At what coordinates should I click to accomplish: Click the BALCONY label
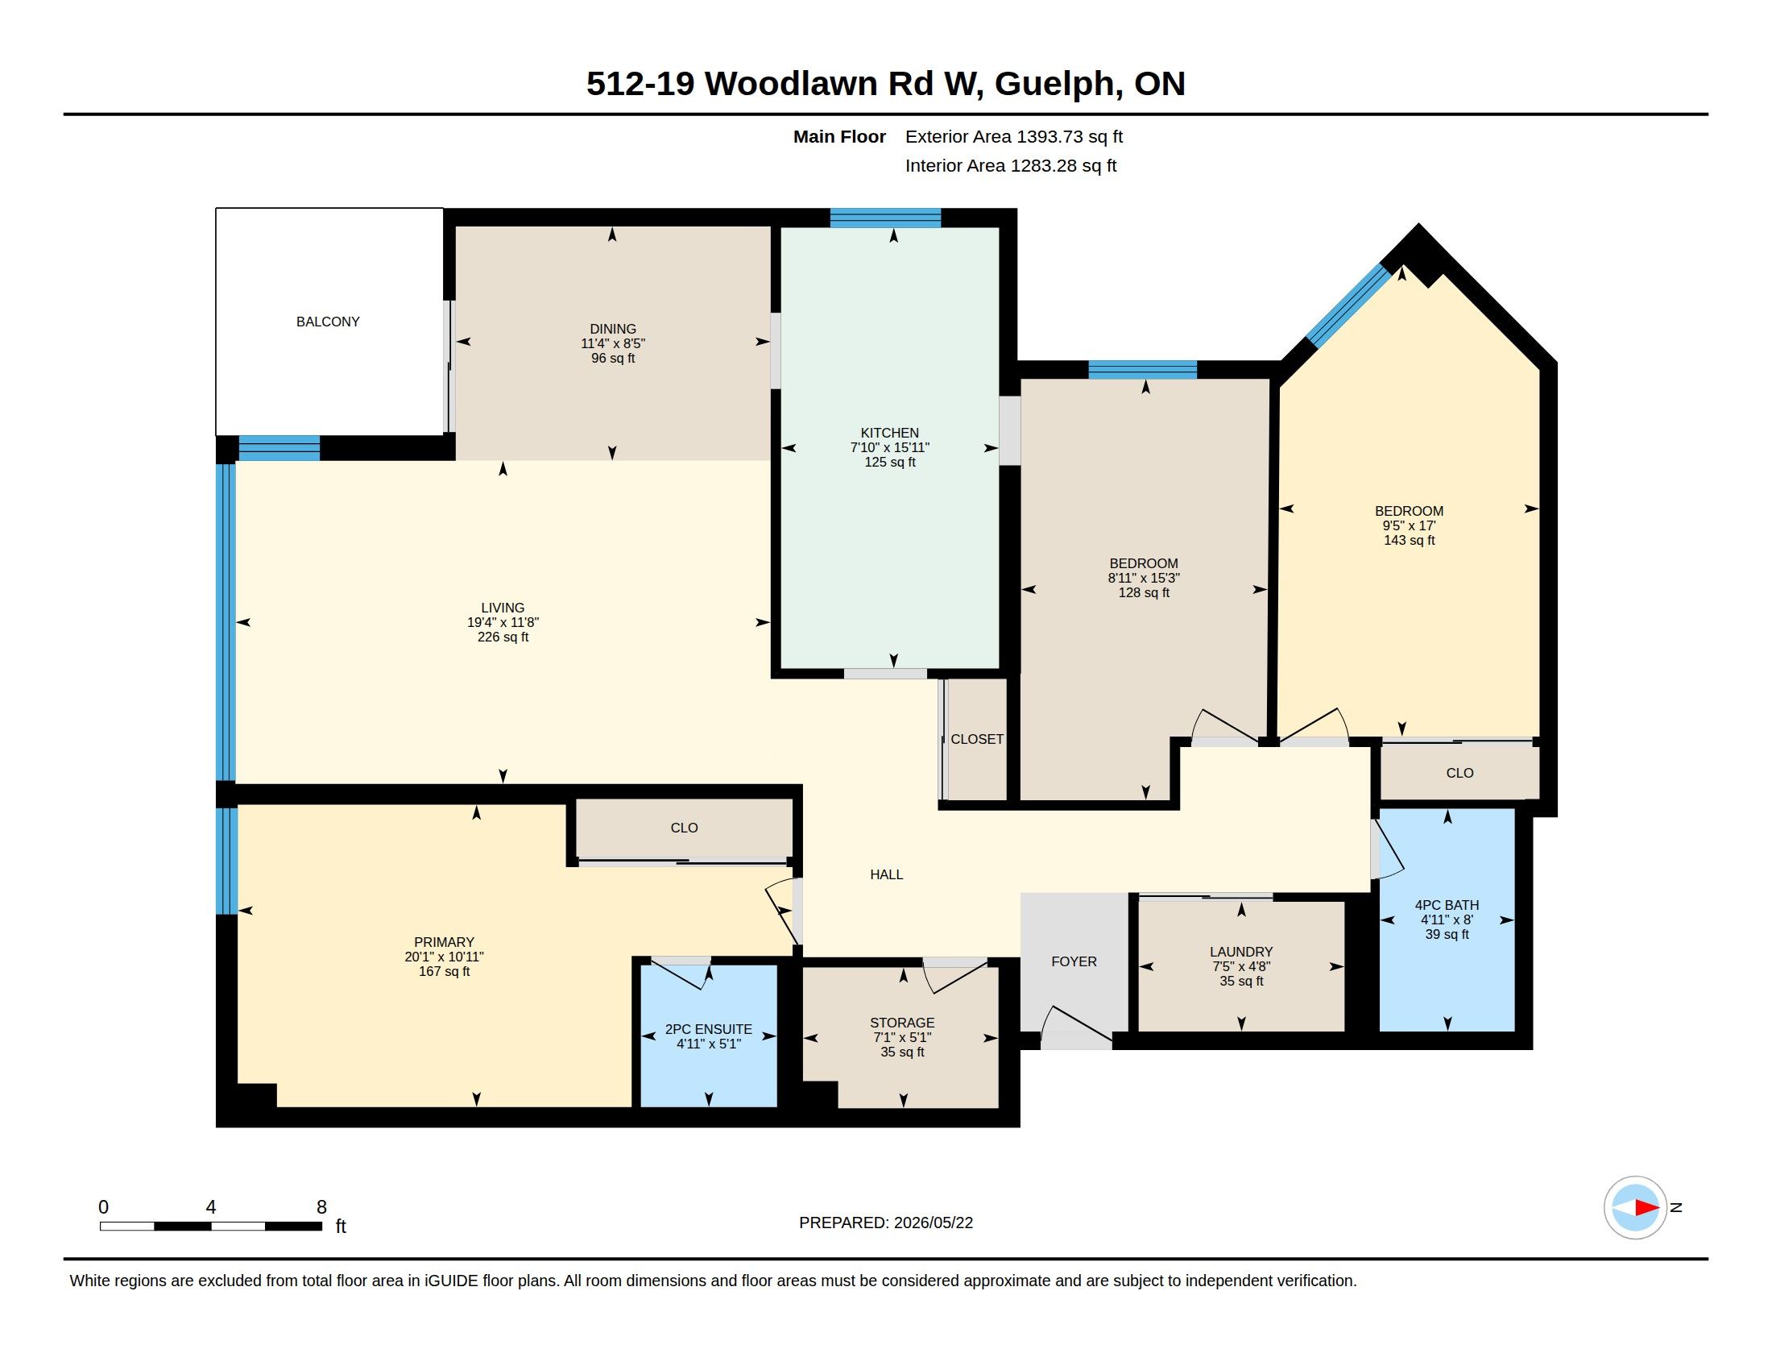click(x=328, y=322)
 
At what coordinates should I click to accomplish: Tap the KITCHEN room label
click(x=890, y=433)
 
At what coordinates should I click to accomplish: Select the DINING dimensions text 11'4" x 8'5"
click(x=613, y=343)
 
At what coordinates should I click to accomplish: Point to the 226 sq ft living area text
click(x=503, y=637)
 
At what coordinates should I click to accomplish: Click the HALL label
click(x=887, y=874)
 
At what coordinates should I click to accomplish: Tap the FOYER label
click(x=1074, y=961)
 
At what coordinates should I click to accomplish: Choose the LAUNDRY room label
click(x=1241, y=951)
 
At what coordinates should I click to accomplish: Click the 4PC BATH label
click(x=1447, y=905)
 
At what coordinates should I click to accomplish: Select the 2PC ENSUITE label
click(x=708, y=1029)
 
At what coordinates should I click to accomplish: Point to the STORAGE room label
click(x=902, y=1023)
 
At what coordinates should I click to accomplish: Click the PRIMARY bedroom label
click(x=444, y=941)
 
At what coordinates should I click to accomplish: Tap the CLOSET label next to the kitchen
click(x=977, y=738)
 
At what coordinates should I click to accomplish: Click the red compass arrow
click(x=1646, y=1208)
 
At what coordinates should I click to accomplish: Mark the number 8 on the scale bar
click(x=322, y=1207)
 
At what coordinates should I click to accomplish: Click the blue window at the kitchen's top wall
click(x=885, y=218)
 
